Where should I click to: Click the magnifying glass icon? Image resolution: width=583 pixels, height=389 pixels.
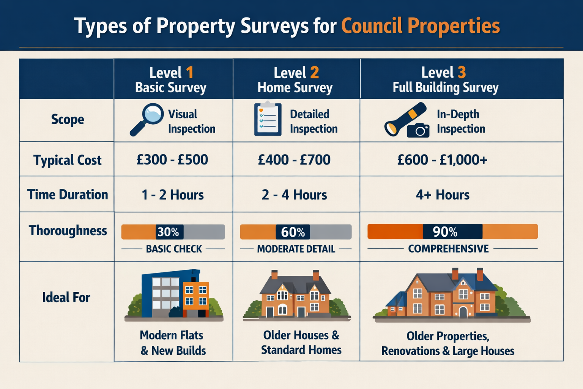(147, 119)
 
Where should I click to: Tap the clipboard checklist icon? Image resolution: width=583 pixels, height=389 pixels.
(268, 119)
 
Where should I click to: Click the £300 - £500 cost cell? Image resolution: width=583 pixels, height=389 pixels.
(172, 160)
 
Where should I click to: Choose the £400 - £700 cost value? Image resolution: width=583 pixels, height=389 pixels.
(294, 160)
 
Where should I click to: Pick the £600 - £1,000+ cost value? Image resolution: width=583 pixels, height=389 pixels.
(442, 160)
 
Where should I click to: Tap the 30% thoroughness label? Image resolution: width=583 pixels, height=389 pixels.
(168, 232)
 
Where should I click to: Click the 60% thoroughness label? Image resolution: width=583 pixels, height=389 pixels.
(293, 232)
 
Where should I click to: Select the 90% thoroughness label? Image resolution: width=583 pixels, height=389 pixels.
(445, 232)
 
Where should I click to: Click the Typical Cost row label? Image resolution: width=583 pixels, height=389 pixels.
(67, 160)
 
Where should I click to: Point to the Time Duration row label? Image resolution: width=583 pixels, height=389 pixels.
(68, 194)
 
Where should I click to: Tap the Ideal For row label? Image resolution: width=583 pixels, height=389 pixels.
(66, 297)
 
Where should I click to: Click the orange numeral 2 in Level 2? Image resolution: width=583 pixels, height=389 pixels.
(314, 72)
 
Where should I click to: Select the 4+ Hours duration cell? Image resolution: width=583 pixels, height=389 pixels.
(443, 195)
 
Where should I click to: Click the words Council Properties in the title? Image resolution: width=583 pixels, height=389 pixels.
(421, 26)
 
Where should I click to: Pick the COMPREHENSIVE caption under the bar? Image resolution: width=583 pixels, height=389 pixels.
(448, 249)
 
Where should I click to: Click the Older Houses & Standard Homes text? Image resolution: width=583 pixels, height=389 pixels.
(301, 342)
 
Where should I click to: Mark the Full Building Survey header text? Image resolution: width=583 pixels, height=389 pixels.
(445, 87)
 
